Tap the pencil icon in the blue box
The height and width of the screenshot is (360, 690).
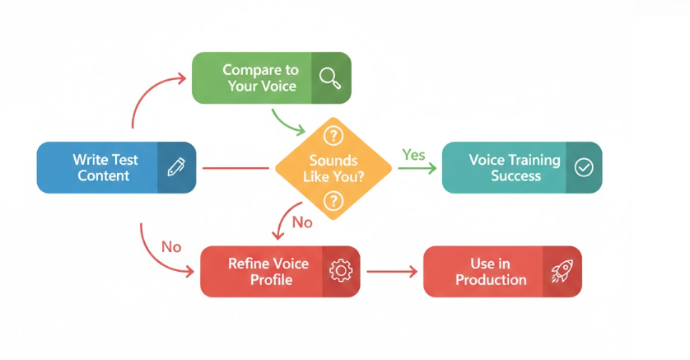(x=175, y=167)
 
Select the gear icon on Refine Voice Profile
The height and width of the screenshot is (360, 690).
(x=339, y=271)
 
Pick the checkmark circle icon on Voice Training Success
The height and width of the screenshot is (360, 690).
(x=583, y=167)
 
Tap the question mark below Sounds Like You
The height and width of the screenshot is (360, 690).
(x=333, y=199)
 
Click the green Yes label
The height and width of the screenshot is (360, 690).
(x=413, y=154)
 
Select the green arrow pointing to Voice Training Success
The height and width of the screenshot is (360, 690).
(x=417, y=169)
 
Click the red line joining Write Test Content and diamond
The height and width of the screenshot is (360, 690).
(x=235, y=168)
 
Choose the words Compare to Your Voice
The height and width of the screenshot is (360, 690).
(x=259, y=77)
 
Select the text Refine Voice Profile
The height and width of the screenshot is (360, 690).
(x=268, y=271)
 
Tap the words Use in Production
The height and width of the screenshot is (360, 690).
(x=491, y=271)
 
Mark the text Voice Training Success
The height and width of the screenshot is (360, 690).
(x=514, y=167)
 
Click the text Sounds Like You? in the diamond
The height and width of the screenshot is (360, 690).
(x=333, y=167)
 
